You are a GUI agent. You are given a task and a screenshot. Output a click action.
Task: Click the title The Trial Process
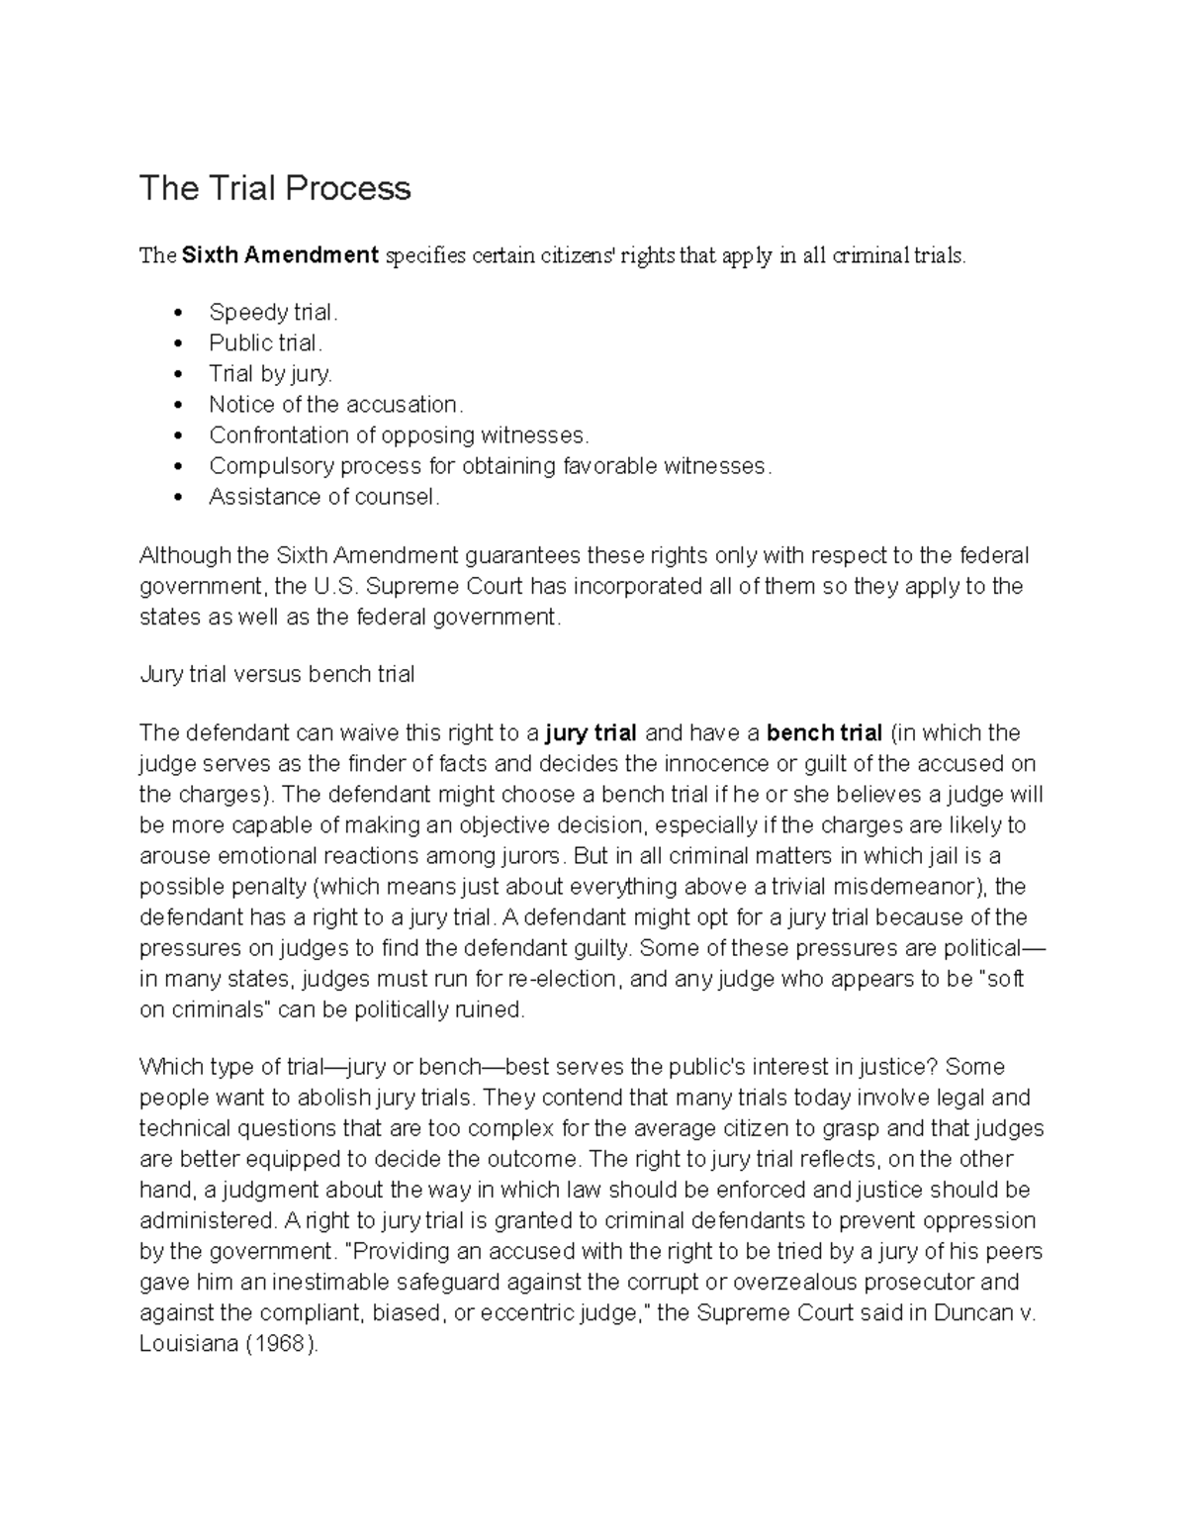[274, 188]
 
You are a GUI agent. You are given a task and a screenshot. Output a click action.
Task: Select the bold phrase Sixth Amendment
[280, 255]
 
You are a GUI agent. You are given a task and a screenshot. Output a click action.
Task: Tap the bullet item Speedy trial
[273, 313]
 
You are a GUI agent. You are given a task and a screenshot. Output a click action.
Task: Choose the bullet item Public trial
[265, 343]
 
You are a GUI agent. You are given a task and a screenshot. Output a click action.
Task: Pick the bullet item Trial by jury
[270, 374]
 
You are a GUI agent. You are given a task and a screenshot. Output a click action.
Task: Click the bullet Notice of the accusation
[335, 405]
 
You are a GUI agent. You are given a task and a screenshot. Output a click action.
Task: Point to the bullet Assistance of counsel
[323, 497]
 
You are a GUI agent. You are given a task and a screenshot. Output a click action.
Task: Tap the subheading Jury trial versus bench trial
[277, 675]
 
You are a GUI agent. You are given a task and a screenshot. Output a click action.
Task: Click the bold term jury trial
[591, 733]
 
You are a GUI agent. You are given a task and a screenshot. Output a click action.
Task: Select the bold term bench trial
[824, 733]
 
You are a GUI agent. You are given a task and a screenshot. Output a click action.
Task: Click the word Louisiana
[189, 1344]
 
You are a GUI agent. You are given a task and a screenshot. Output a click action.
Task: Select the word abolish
[330, 1099]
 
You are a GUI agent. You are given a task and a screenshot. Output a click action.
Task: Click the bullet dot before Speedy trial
[178, 314]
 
